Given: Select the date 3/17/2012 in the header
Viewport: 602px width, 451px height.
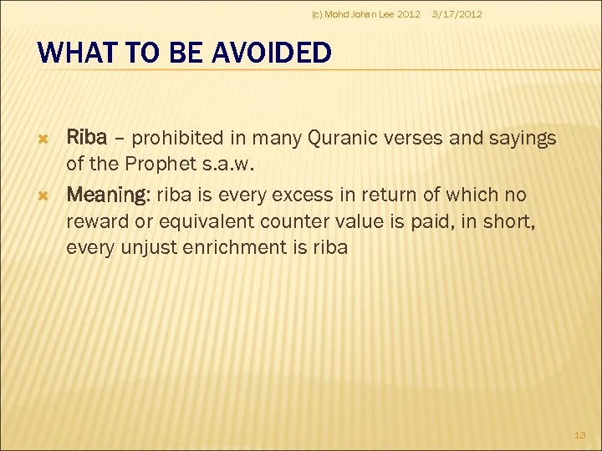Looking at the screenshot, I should point(456,14).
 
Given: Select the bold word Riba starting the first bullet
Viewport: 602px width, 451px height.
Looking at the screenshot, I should point(86,138).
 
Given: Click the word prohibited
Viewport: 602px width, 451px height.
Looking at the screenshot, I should point(177,138).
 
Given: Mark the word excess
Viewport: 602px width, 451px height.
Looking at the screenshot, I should point(298,195).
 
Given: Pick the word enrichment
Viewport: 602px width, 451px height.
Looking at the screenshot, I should point(226,247).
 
